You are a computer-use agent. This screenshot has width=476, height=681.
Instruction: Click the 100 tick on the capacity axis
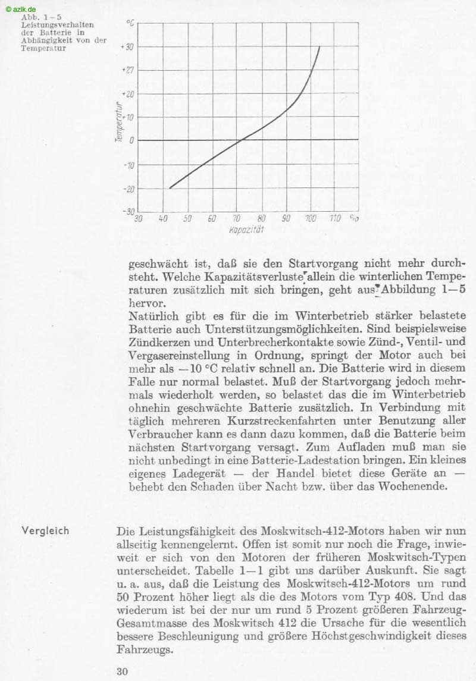(x=311, y=218)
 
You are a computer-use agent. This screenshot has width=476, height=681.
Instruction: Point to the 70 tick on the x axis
(x=237, y=218)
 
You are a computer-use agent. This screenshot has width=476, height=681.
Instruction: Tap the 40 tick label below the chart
(x=163, y=218)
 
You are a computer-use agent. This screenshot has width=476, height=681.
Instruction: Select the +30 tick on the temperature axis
(x=127, y=47)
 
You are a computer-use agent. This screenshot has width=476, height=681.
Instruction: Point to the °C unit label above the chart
(x=130, y=23)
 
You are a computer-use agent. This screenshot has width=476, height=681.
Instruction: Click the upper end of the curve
(x=320, y=47)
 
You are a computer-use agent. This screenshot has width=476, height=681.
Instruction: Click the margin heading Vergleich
(x=45, y=531)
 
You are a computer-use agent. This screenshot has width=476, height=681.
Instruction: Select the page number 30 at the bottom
(x=123, y=671)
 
